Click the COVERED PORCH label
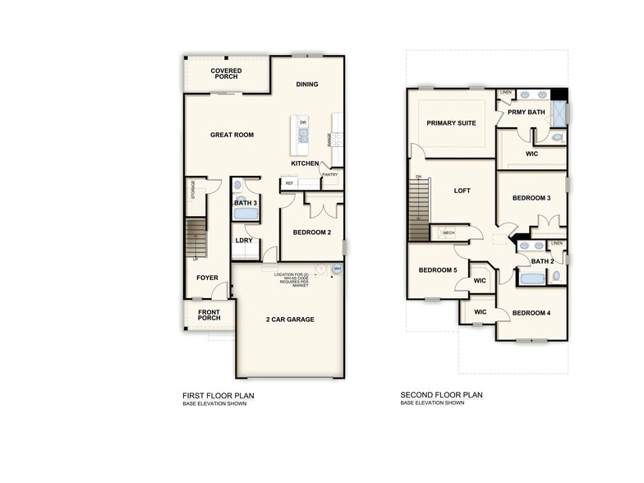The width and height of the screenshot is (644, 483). coord(226,74)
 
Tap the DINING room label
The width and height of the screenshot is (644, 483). coord(307,85)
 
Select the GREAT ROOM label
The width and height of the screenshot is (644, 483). coord(232,135)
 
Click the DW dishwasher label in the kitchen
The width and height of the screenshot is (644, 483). coord(303,122)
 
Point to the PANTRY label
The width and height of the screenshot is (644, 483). coord(330,174)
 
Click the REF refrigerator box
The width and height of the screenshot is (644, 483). coord(290,182)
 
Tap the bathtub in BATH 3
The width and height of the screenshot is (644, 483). coord(246,213)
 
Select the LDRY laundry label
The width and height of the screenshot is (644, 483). coord(243,241)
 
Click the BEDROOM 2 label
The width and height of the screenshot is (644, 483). coord(312,232)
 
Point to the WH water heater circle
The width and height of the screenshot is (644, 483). coord(337,269)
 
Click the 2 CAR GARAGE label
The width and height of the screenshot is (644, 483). coord(290,320)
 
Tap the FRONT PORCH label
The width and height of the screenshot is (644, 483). coord(209,315)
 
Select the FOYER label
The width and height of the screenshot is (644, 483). coord(207,278)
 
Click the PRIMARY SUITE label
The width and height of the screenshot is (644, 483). coord(451,123)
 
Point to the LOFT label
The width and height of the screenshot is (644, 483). coord(462,191)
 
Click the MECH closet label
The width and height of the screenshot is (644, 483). coord(448,233)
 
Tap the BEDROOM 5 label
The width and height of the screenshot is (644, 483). coord(437,270)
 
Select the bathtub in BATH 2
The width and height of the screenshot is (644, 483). coord(531,278)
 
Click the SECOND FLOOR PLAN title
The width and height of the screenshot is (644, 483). coord(441,395)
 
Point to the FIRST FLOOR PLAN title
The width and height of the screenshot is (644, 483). coord(218,396)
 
